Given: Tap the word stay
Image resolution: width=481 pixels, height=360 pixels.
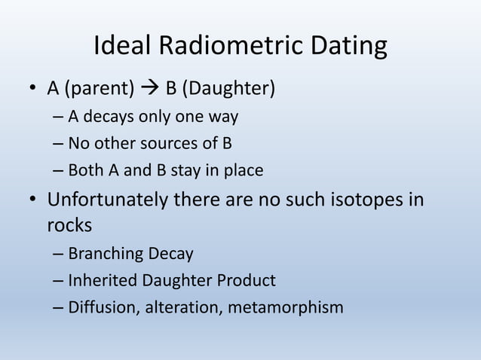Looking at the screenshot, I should coord(185,170).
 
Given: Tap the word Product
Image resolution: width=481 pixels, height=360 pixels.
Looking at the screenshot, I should coord(249,281).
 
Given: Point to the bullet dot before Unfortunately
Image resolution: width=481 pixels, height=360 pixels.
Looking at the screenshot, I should coord(31,202).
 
